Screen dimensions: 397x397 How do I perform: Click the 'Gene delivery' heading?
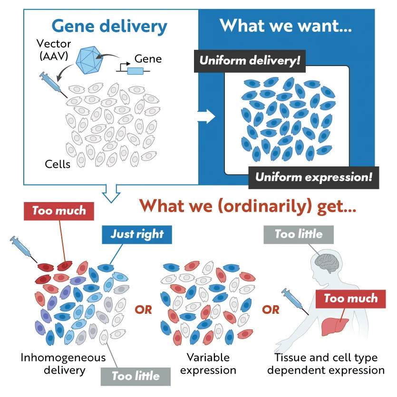coord(109,27)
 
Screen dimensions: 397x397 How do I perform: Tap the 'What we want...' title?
coord(286,26)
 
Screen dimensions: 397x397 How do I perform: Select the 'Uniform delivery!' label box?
coord(250,61)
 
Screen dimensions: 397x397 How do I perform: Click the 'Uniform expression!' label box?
coord(314,177)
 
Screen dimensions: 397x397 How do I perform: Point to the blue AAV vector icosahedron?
coord(89,60)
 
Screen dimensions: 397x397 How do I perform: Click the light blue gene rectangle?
coord(136,71)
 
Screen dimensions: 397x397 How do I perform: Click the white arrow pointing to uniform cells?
coord(206,116)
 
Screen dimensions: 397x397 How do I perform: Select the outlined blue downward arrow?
coord(111,194)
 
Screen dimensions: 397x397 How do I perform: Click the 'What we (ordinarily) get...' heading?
coord(248,206)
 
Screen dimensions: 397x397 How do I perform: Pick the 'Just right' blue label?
coord(137,235)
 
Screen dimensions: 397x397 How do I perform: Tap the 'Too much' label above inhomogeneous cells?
coord(59,211)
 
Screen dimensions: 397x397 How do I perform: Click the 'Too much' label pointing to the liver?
coord(351,299)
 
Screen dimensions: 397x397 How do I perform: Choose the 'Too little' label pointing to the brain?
coord(299,235)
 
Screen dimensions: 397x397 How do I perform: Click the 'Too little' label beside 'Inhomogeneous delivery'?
coord(136,377)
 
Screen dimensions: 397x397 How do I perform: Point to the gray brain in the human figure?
coord(327,263)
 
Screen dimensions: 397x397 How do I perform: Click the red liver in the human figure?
coord(335,327)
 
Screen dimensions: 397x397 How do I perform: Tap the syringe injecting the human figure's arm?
coord(295,301)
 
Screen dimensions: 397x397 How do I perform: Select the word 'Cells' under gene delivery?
coord(58,165)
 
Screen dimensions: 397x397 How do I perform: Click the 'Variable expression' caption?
coord(208,364)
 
